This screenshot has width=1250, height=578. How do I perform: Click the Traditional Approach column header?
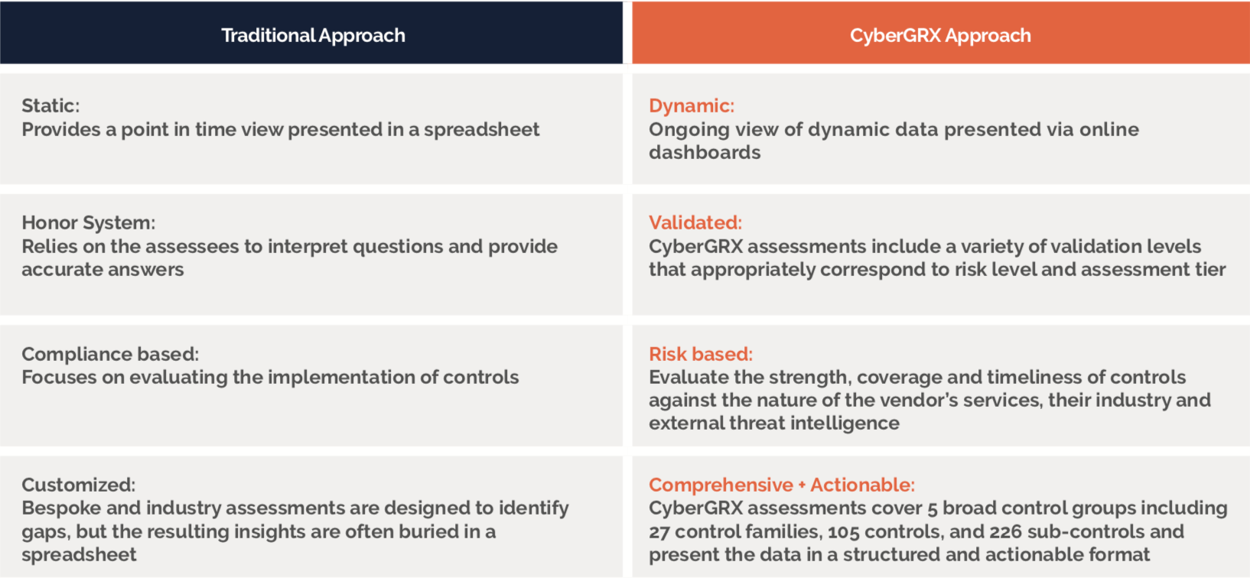313,35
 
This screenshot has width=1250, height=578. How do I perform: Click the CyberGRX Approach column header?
940,35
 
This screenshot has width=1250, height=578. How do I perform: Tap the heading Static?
50,106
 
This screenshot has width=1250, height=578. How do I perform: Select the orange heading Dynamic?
692,106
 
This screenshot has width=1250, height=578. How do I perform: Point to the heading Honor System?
89,222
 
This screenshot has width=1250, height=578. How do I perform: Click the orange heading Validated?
695,222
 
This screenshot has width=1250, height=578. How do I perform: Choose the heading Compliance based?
110,354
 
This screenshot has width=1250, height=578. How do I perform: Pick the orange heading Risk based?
701,354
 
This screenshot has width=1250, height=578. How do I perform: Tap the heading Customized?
79,485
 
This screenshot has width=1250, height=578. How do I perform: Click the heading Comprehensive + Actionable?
782,485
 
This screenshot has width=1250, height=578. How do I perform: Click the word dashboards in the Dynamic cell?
705,152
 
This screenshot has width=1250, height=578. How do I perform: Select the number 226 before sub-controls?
1006,531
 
